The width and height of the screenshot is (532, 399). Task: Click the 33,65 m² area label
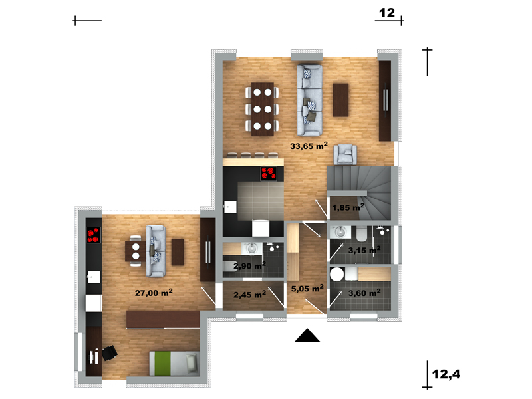click(x=309, y=146)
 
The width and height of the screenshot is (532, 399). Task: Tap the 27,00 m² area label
click(x=154, y=293)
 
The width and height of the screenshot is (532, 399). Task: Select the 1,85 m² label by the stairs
click(x=348, y=207)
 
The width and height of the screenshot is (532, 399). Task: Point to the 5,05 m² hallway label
click(x=307, y=289)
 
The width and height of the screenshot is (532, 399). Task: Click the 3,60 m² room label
click(x=364, y=293)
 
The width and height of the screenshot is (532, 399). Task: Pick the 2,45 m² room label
click(x=250, y=295)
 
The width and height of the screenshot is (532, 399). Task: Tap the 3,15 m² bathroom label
click(x=364, y=251)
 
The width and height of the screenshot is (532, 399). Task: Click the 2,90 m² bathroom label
click(x=250, y=265)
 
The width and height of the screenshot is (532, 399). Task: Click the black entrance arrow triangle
click(x=307, y=335)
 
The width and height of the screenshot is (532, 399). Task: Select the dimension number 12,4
click(x=446, y=374)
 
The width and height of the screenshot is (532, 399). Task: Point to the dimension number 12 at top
click(x=387, y=13)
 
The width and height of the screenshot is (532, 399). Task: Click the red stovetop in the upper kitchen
click(x=269, y=174)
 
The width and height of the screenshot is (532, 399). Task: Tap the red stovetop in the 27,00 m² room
click(x=94, y=235)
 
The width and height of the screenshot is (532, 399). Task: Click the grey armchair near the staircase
click(x=345, y=154)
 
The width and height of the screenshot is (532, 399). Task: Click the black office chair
click(x=109, y=353)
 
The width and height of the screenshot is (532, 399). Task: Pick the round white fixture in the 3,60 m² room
click(x=337, y=274)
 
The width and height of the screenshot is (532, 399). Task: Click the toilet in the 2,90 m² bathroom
click(x=231, y=265)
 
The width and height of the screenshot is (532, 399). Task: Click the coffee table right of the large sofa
click(x=340, y=100)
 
